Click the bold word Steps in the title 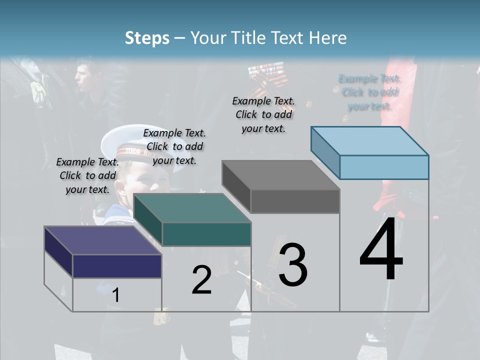point(147,38)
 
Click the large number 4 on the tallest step point(381,250)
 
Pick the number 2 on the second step point(201,280)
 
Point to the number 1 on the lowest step point(115,295)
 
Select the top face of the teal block point(192,208)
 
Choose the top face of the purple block point(102,240)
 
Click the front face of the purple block point(117,266)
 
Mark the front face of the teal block point(206,234)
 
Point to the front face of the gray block point(295,201)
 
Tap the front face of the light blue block point(384,167)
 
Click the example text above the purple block point(87,175)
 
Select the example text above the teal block point(174,146)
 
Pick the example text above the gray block point(263,114)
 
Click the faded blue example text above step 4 point(369,92)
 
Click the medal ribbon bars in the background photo point(266,69)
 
